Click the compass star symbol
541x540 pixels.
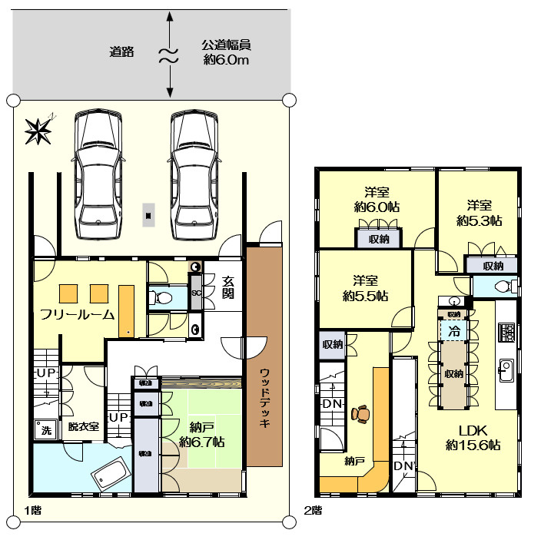(x=38, y=131)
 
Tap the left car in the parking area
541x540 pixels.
(x=98, y=176)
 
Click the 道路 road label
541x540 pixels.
(x=121, y=52)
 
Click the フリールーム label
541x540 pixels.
(x=78, y=314)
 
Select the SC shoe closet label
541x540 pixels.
(x=195, y=293)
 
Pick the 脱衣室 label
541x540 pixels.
(x=83, y=427)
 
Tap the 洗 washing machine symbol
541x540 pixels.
(x=45, y=430)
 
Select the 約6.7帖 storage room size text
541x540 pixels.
(x=201, y=442)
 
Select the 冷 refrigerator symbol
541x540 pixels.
(x=453, y=332)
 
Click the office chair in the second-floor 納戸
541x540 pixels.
(x=360, y=414)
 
